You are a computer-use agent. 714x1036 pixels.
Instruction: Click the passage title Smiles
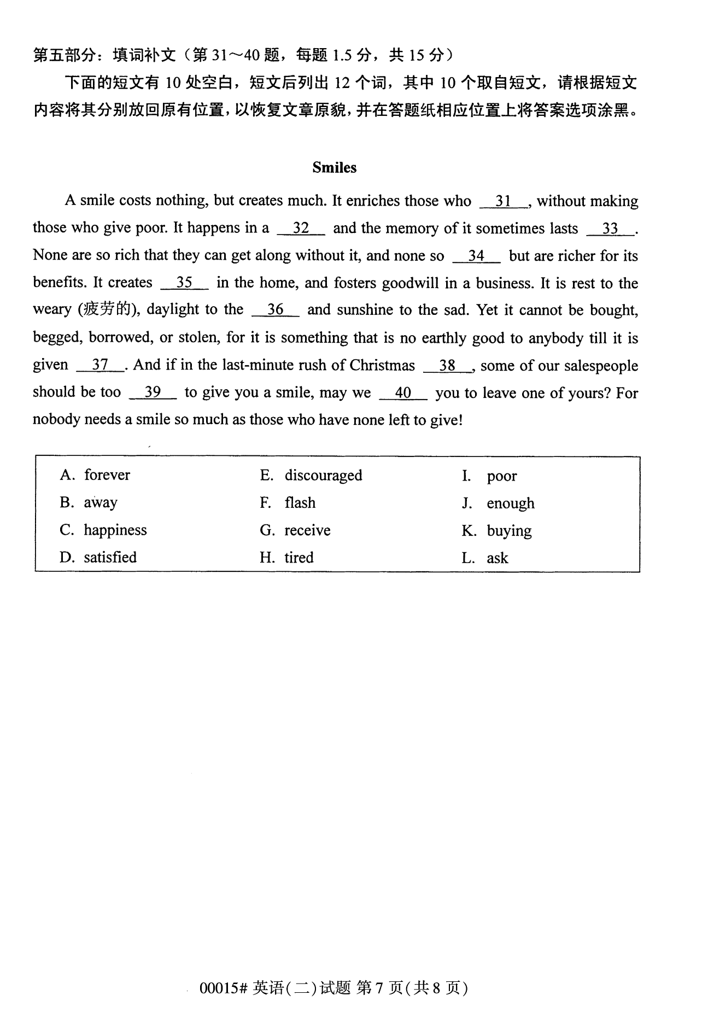pyautogui.click(x=334, y=168)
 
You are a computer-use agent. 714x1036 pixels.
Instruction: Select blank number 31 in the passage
pyautogui.click(x=503, y=201)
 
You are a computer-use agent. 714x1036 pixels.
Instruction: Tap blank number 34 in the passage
pyautogui.click(x=476, y=256)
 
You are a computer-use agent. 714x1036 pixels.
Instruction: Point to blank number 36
pyautogui.click(x=275, y=310)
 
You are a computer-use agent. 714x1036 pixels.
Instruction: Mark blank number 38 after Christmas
pyautogui.click(x=447, y=365)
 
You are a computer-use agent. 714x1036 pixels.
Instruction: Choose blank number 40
pyautogui.click(x=402, y=393)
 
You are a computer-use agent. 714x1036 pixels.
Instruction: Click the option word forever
pyautogui.click(x=107, y=475)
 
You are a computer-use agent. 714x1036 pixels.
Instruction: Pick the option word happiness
pyautogui.click(x=115, y=530)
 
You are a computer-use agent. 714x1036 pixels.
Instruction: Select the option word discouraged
pyautogui.click(x=323, y=475)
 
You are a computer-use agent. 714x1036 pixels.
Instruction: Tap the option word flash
pyautogui.click(x=300, y=502)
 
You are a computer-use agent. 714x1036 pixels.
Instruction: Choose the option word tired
pyautogui.click(x=299, y=558)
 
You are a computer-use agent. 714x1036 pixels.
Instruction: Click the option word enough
pyautogui.click(x=511, y=503)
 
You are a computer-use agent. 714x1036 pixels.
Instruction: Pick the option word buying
pyautogui.click(x=509, y=531)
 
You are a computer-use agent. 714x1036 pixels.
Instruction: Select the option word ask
pyautogui.click(x=498, y=558)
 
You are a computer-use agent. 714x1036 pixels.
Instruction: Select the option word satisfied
pyautogui.click(x=110, y=558)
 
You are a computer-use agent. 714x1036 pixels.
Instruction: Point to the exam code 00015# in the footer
pyautogui.click(x=224, y=988)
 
